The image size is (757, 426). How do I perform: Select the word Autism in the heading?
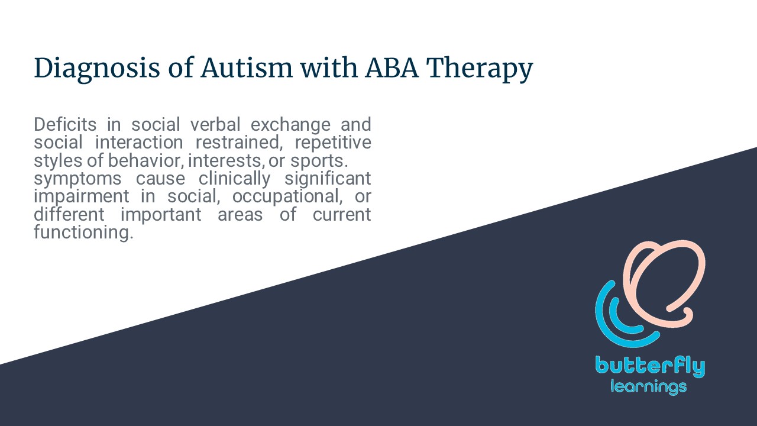(247, 67)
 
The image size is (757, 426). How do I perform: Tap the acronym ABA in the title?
(392, 67)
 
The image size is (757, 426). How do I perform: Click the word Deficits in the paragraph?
(65, 124)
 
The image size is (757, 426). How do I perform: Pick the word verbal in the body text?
(215, 124)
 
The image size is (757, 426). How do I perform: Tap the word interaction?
(139, 143)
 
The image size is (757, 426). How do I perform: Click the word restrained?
(239, 143)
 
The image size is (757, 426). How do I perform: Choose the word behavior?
(146, 160)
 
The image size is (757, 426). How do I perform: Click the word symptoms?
(77, 179)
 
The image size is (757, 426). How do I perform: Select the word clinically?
(234, 179)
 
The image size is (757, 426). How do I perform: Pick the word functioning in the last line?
(83, 233)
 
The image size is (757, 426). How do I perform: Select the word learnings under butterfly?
(649, 387)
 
